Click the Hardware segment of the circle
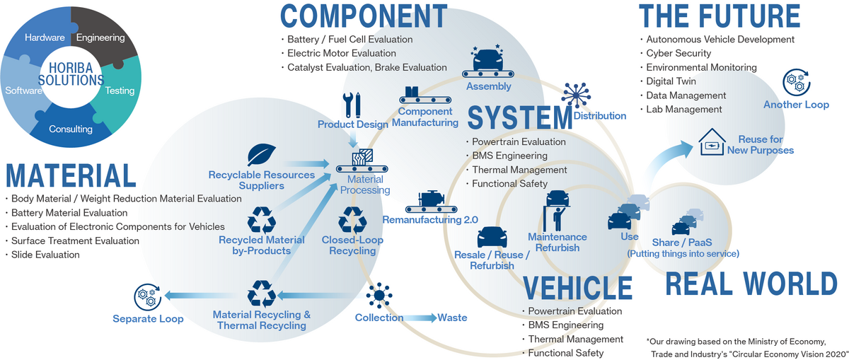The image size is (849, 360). point(45,37)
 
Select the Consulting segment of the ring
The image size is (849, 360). point(71,129)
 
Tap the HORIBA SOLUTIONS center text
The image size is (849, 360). point(71,73)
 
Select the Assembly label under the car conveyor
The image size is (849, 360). point(488,86)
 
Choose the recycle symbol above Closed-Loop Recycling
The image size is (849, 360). point(352,220)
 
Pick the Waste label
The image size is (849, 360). point(452,318)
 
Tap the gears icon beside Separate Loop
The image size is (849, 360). point(148,296)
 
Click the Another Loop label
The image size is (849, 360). point(796,105)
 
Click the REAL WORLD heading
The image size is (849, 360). point(751,284)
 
